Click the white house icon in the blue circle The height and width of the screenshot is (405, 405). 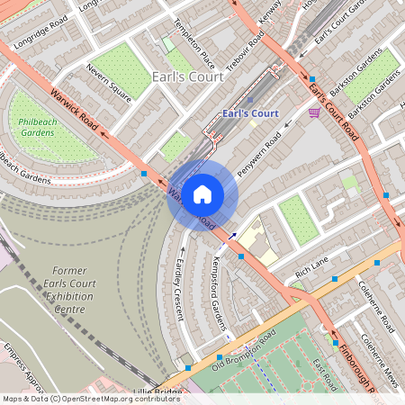pyautogui.click(x=202, y=193)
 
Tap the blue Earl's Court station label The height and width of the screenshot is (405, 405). pyautogui.click(x=249, y=114)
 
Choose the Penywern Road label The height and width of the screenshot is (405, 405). pyautogui.click(x=258, y=154)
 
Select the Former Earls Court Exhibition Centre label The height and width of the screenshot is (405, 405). pyautogui.click(x=69, y=290)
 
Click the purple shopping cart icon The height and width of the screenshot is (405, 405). pyautogui.click(x=313, y=112)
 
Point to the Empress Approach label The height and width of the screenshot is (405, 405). pyautogui.click(x=22, y=364)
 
